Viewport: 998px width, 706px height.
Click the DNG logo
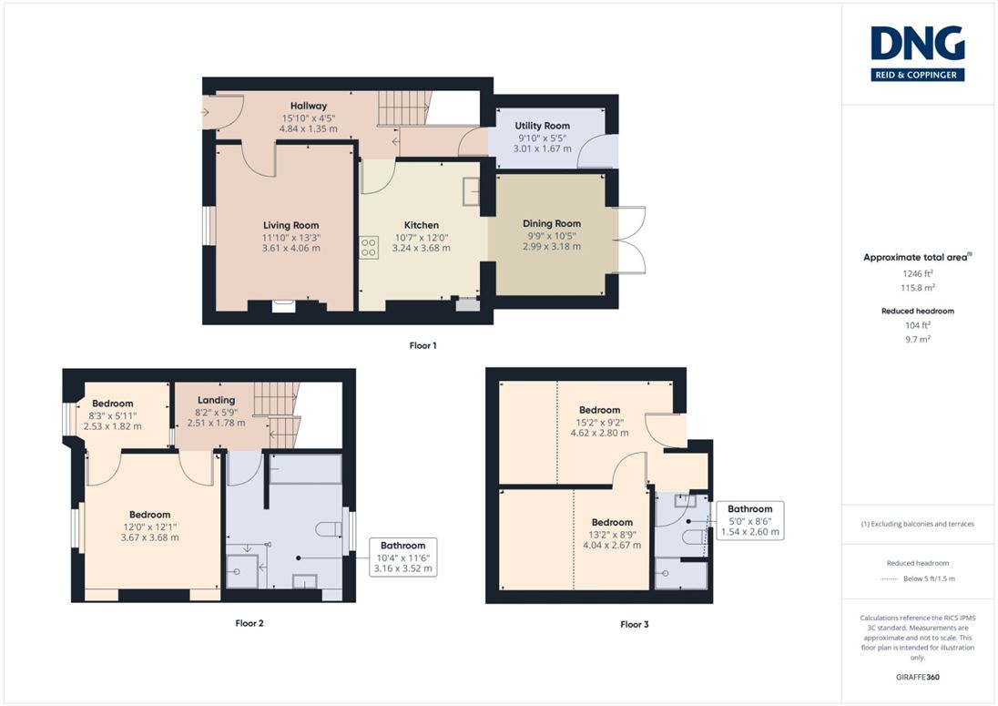(x=917, y=54)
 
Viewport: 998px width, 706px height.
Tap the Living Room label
(x=290, y=225)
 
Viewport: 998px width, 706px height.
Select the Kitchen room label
(x=422, y=225)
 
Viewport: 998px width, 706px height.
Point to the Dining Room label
(x=552, y=223)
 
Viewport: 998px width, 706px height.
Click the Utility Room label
(x=543, y=126)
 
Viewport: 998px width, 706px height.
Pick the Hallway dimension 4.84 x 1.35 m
(x=309, y=128)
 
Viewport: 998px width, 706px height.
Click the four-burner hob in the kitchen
(x=369, y=248)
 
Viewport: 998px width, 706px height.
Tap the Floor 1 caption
(x=423, y=345)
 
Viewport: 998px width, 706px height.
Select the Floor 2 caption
(x=249, y=623)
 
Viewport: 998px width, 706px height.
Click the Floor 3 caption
(x=635, y=625)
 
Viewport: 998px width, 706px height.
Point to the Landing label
(x=217, y=401)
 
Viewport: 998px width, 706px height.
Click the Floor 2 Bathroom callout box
(x=402, y=557)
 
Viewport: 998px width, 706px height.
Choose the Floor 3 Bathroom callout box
(x=749, y=521)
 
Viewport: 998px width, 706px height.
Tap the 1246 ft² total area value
(x=918, y=273)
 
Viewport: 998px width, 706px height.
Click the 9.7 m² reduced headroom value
(x=918, y=339)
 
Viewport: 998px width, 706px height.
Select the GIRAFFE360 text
(x=918, y=678)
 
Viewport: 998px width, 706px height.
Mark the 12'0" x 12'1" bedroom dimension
(x=149, y=527)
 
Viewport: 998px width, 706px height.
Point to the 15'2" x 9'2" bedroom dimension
(x=599, y=422)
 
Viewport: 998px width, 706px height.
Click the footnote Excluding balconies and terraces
(x=918, y=524)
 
